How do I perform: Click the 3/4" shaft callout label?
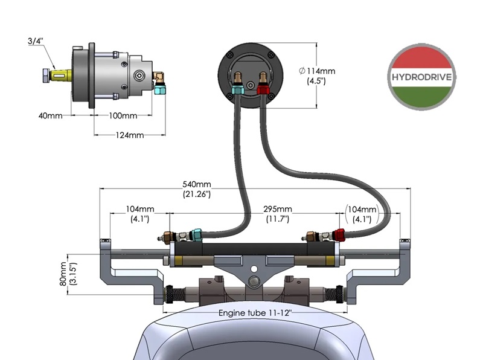click(x=36, y=41)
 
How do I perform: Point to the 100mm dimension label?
click(x=121, y=115)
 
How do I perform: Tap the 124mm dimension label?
click(x=129, y=135)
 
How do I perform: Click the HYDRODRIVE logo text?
click(x=423, y=77)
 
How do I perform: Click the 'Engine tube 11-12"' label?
click(x=256, y=313)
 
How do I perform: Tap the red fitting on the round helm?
click(x=263, y=90)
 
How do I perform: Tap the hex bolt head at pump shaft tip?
click(x=46, y=76)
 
